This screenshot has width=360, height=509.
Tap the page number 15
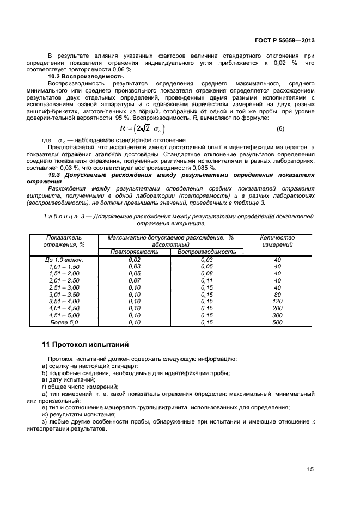click(x=310, y=469)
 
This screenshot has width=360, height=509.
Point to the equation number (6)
click(x=280, y=128)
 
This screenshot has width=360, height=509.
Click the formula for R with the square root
click(x=142, y=128)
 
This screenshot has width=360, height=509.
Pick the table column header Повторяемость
click(x=133, y=252)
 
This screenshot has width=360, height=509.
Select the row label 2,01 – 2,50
click(x=64, y=280)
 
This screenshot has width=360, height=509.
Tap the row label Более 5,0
click(x=64, y=322)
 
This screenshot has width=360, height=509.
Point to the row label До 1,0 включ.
click(x=64, y=260)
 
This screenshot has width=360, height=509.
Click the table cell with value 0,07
click(x=133, y=280)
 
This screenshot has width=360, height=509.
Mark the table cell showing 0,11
click(x=206, y=280)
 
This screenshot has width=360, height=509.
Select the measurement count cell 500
click(x=277, y=322)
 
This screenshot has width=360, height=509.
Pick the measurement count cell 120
click(x=277, y=301)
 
